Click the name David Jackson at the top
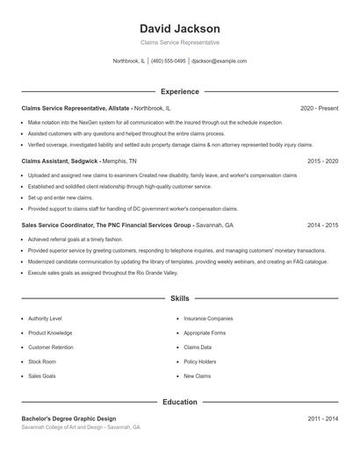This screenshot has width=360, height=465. (x=180, y=29)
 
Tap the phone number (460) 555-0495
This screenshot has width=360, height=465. (x=169, y=61)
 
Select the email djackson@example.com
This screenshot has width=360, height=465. (x=220, y=61)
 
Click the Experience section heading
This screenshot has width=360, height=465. (x=180, y=91)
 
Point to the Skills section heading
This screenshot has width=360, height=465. (x=180, y=298)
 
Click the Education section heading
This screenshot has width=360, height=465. (x=180, y=402)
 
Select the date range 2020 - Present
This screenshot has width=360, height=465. (x=319, y=108)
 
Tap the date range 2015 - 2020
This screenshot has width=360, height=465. (x=322, y=161)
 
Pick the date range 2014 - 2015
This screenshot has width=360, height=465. (x=322, y=225)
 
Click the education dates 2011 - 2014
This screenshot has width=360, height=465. (x=322, y=418)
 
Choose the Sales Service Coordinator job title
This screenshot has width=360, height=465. (x=106, y=225)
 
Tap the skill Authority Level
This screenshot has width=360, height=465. (x=45, y=318)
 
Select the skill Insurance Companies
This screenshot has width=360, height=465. (x=208, y=318)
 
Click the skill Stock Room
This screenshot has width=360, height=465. (x=42, y=361)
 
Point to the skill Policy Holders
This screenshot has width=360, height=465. (x=200, y=361)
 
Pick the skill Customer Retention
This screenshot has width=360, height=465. (x=50, y=347)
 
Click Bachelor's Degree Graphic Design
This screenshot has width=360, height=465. (x=68, y=418)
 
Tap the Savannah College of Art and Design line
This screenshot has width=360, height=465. (x=81, y=427)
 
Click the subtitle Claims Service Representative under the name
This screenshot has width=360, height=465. (x=180, y=42)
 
